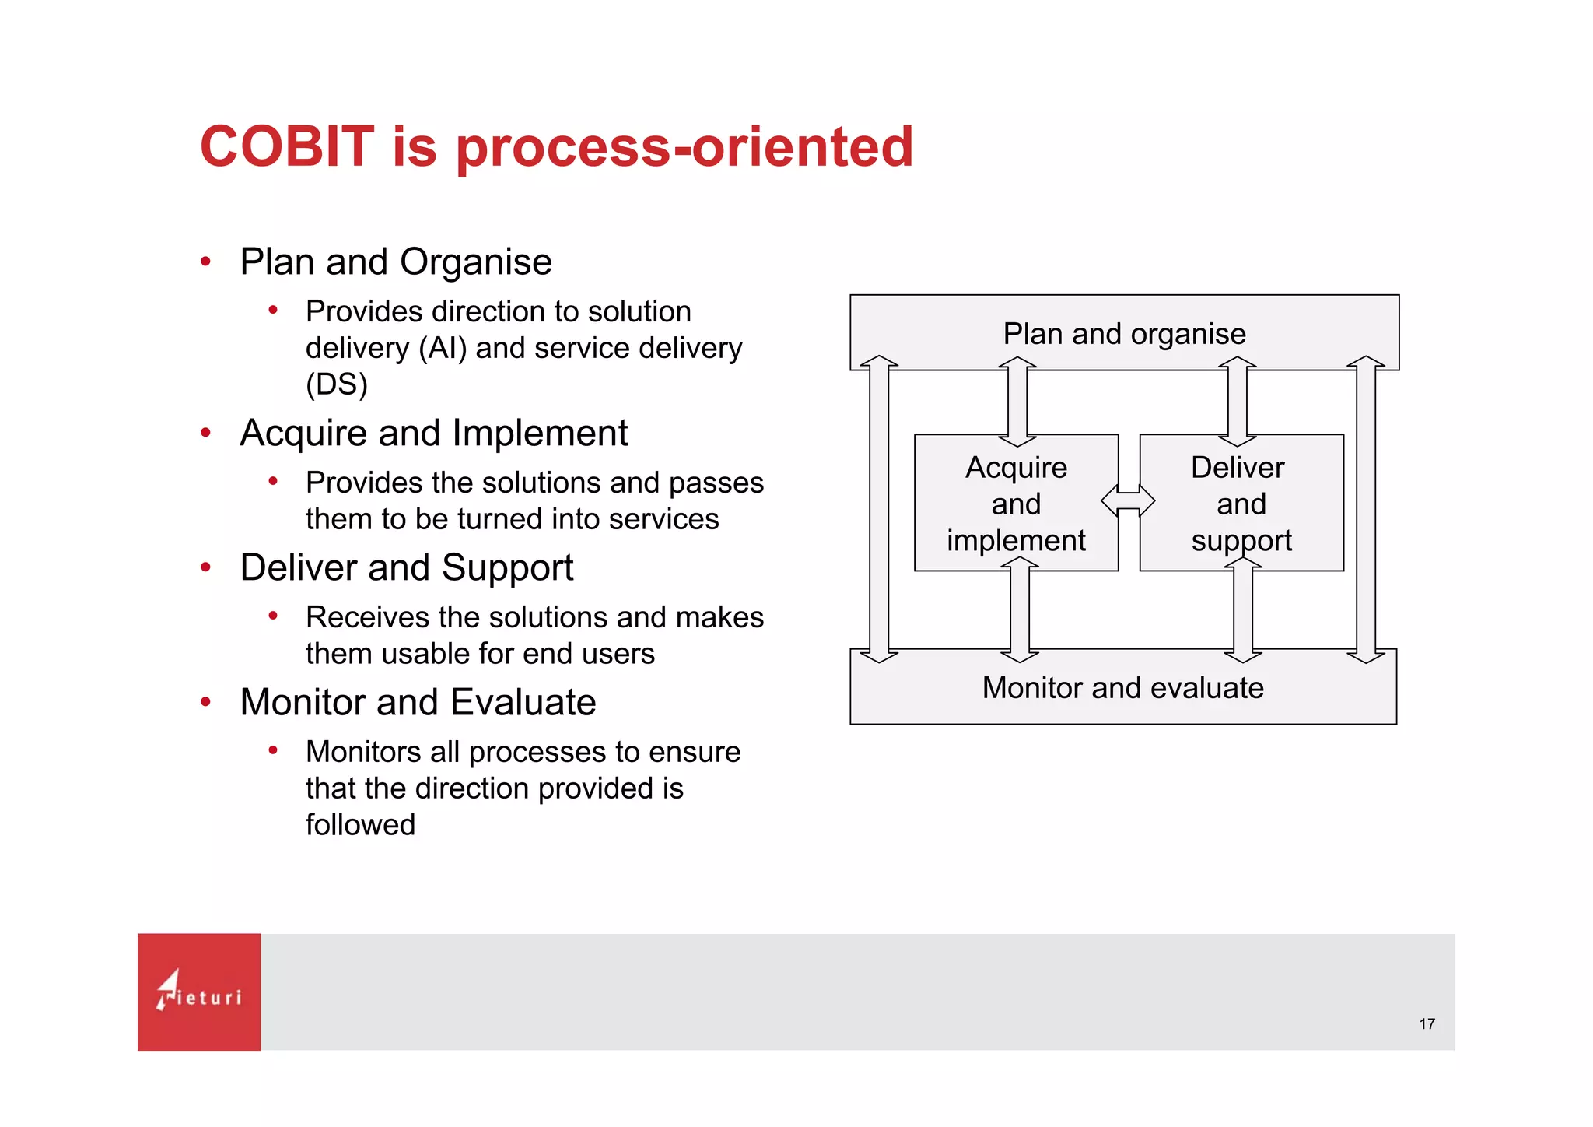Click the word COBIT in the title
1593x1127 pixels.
[x=287, y=146]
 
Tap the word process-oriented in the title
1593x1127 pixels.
[x=684, y=148]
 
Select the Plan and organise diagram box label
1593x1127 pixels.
[x=1124, y=334]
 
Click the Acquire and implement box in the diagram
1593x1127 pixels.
[x=1016, y=504]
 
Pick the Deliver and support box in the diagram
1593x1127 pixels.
[x=1241, y=504]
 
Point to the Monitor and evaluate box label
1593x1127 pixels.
[x=1122, y=688]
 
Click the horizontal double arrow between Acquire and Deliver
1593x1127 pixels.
[x=1128, y=500]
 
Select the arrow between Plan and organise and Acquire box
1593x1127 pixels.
[x=1017, y=402]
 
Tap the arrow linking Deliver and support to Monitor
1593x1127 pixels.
[x=1242, y=610]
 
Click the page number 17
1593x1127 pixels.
[x=1427, y=1024]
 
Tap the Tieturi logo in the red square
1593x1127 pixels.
[x=199, y=992]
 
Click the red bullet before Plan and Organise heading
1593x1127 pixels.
[x=205, y=262]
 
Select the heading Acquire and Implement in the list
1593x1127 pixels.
[x=433, y=433]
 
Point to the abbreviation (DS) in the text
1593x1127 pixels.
[x=336, y=384]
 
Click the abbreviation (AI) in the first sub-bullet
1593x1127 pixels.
[x=443, y=348]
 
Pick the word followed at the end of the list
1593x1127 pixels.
[x=360, y=825]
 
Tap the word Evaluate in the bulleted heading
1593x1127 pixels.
[x=523, y=702]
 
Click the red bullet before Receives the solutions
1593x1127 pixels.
[x=273, y=616]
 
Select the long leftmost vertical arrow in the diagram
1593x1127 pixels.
[x=879, y=509]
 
